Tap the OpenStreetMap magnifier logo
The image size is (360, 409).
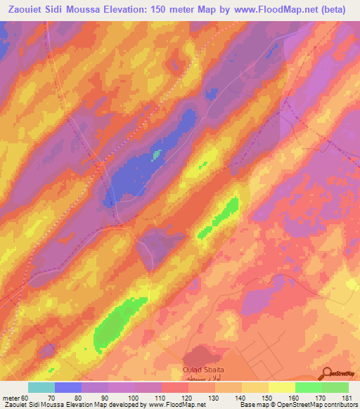pos(328,373)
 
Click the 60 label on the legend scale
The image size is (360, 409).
pos(25,397)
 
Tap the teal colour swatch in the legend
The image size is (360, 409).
pos(41,387)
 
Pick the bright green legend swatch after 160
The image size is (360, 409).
pos(308,387)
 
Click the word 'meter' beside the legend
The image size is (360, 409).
pos(11,397)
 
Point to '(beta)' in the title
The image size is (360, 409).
pos(338,9)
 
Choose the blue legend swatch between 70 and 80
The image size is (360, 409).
pos(68,387)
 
